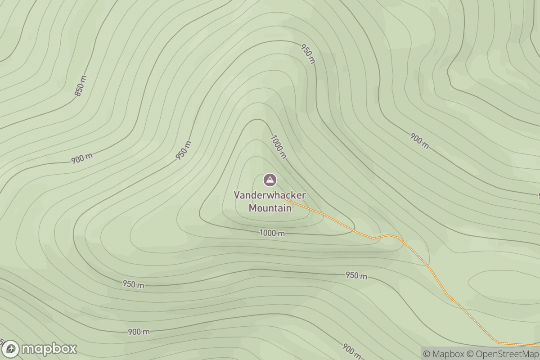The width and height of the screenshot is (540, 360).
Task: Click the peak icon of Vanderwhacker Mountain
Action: (x=270, y=180)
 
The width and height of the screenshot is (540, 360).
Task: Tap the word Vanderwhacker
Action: (x=270, y=195)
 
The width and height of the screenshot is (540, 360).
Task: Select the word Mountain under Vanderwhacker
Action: (x=270, y=208)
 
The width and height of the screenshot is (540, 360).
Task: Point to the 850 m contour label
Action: (x=80, y=86)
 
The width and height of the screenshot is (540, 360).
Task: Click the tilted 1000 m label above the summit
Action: (x=278, y=146)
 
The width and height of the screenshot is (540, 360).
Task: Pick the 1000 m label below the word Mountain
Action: (x=272, y=233)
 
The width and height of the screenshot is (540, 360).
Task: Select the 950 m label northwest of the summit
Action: (x=184, y=150)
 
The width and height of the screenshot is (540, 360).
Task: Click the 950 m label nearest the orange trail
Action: (x=356, y=275)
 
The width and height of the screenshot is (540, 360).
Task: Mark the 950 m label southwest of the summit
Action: (x=133, y=284)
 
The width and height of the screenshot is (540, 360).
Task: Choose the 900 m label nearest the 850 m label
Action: (x=82, y=158)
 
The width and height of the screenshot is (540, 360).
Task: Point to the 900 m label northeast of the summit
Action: (x=419, y=141)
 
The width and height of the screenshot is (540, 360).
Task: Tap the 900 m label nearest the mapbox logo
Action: (x=139, y=332)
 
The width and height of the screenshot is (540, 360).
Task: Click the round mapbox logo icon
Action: (x=10, y=349)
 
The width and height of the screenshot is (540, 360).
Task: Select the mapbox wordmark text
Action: (x=49, y=349)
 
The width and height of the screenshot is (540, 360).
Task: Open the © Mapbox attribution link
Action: (x=443, y=354)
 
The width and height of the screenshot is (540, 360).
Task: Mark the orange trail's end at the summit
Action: (x=286, y=199)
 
